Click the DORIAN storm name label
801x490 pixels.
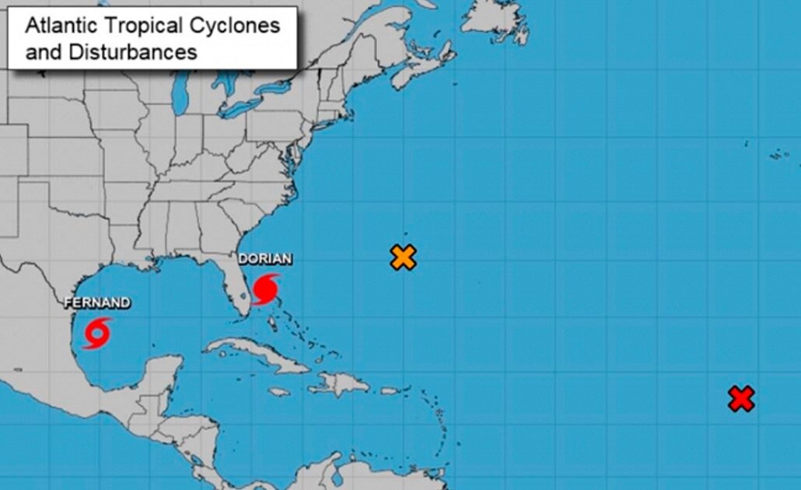coord(265,259)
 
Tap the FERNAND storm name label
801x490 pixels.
coord(96,303)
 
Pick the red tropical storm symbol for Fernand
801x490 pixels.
coord(97,332)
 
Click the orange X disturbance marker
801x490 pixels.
coord(403,257)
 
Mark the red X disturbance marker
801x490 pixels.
coord(741,399)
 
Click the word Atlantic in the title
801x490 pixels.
coord(59,26)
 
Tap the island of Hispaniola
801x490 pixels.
coord(343,382)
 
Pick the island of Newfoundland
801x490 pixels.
coord(498,19)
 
